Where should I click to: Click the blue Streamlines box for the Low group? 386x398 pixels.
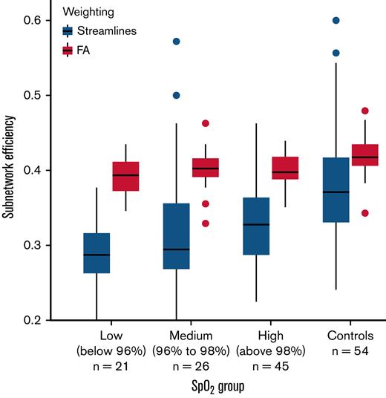[x=96, y=253]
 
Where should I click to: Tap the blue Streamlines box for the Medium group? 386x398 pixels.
[x=177, y=236]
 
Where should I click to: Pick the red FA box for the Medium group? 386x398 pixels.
[x=206, y=168]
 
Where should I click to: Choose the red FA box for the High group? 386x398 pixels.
[x=286, y=169]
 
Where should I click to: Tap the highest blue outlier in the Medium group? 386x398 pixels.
[x=177, y=42]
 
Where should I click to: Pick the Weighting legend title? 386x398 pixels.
[x=88, y=12]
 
